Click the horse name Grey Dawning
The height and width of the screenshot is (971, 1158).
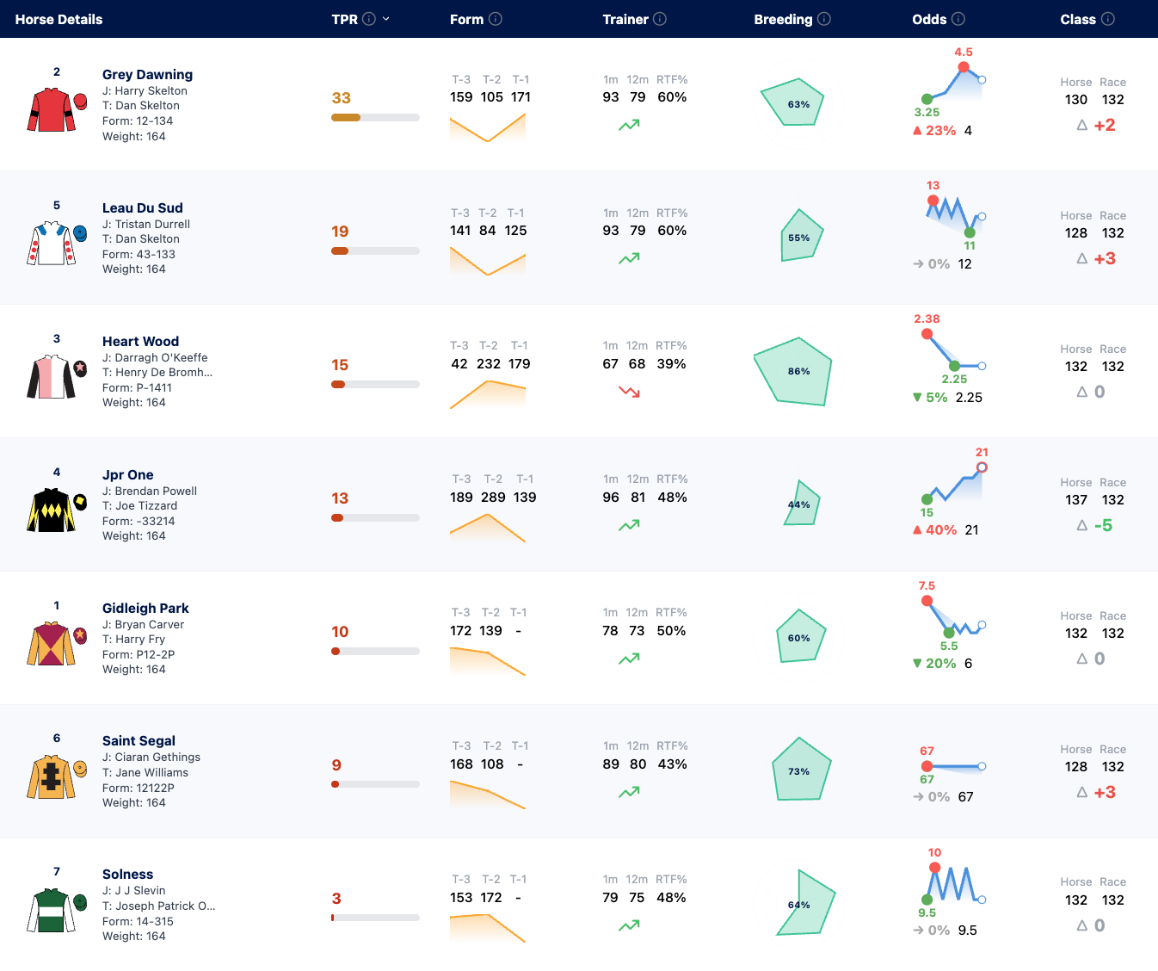coord(147,74)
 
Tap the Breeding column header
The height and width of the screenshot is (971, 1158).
coord(783,20)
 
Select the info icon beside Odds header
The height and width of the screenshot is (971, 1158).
coord(958,19)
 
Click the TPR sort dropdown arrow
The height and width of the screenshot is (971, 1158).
coord(386,19)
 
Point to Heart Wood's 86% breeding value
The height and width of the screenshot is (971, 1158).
coord(798,371)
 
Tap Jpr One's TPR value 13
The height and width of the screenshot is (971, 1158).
coord(340,498)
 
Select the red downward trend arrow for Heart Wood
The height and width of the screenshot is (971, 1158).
coord(629,392)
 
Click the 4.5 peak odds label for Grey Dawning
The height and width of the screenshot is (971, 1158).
coord(964,53)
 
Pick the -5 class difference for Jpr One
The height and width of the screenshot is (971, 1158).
coord(1103,525)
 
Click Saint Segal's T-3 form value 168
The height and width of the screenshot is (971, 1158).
coord(461,764)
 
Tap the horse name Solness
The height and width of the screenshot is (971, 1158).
coord(127,874)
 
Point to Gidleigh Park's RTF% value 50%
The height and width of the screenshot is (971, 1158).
coord(671,631)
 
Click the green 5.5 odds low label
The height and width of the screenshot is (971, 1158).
coord(949,646)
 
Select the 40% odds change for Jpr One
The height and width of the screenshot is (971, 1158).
coord(941,530)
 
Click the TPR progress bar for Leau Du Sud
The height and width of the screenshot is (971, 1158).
coord(375,250)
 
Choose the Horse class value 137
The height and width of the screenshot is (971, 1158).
coord(1076,500)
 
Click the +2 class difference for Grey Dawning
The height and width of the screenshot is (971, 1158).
coord(1104,126)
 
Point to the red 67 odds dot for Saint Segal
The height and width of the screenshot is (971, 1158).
coord(927,766)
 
